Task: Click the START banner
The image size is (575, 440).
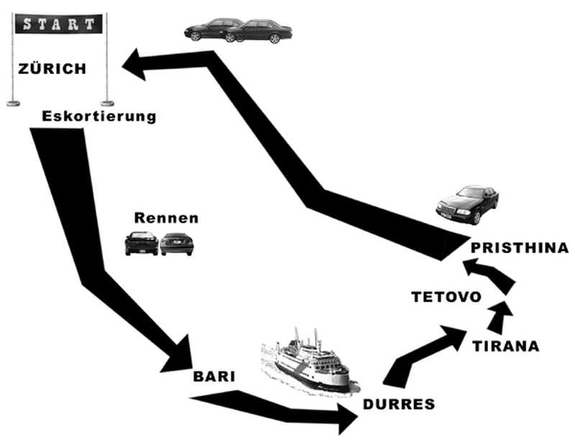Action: (x=59, y=23)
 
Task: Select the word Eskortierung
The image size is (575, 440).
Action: (x=98, y=116)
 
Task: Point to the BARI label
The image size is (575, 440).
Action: (x=214, y=376)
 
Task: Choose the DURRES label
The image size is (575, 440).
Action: (x=399, y=404)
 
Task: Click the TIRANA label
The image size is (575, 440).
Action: (x=505, y=347)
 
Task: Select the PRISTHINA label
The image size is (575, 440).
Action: (x=519, y=248)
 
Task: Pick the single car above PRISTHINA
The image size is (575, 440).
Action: (x=468, y=204)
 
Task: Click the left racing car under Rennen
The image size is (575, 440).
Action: (x=141, y=243)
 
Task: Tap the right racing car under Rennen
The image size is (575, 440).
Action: (x=177, y=244)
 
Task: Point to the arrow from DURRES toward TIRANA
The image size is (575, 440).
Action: (x=424, y=352)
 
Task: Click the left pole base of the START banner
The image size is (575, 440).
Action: (x=13, y=104)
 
